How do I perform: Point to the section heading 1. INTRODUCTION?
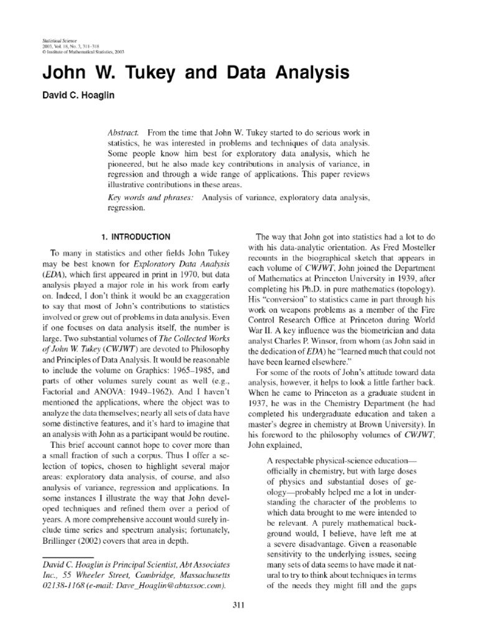point(135,236)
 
